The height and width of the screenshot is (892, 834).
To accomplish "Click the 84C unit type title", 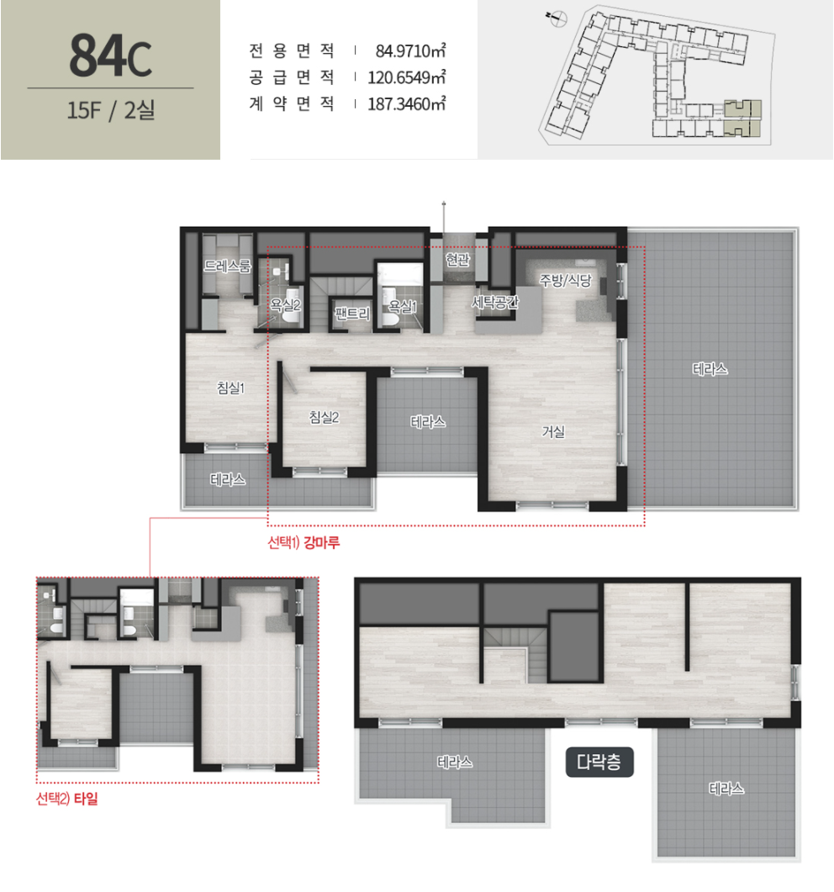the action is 110,55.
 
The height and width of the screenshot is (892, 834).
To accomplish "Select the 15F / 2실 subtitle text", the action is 111,110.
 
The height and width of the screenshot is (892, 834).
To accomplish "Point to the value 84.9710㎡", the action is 410,51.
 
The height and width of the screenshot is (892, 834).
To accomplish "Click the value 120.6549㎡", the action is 406,77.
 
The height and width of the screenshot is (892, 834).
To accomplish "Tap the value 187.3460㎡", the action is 406,104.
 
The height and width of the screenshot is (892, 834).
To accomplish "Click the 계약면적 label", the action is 291,103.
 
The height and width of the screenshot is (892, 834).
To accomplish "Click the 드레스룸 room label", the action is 228,266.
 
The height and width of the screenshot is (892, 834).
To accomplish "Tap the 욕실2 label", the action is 285,305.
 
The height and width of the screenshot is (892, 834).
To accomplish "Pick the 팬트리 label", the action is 352,314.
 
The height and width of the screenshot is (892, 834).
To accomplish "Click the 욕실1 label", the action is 402,307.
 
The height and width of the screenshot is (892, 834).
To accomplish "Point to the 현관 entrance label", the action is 457,260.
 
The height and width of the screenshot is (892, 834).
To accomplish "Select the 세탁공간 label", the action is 495,302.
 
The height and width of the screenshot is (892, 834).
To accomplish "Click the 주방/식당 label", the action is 566,280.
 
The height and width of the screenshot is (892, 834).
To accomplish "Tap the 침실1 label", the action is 230,388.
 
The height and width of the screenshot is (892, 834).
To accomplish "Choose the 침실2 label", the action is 324,418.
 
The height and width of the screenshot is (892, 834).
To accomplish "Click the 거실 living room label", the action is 553,432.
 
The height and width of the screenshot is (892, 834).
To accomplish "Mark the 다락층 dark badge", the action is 599,762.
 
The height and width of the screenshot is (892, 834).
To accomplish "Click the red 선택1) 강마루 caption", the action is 304,542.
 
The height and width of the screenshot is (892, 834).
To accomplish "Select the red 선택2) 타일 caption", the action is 66,799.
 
